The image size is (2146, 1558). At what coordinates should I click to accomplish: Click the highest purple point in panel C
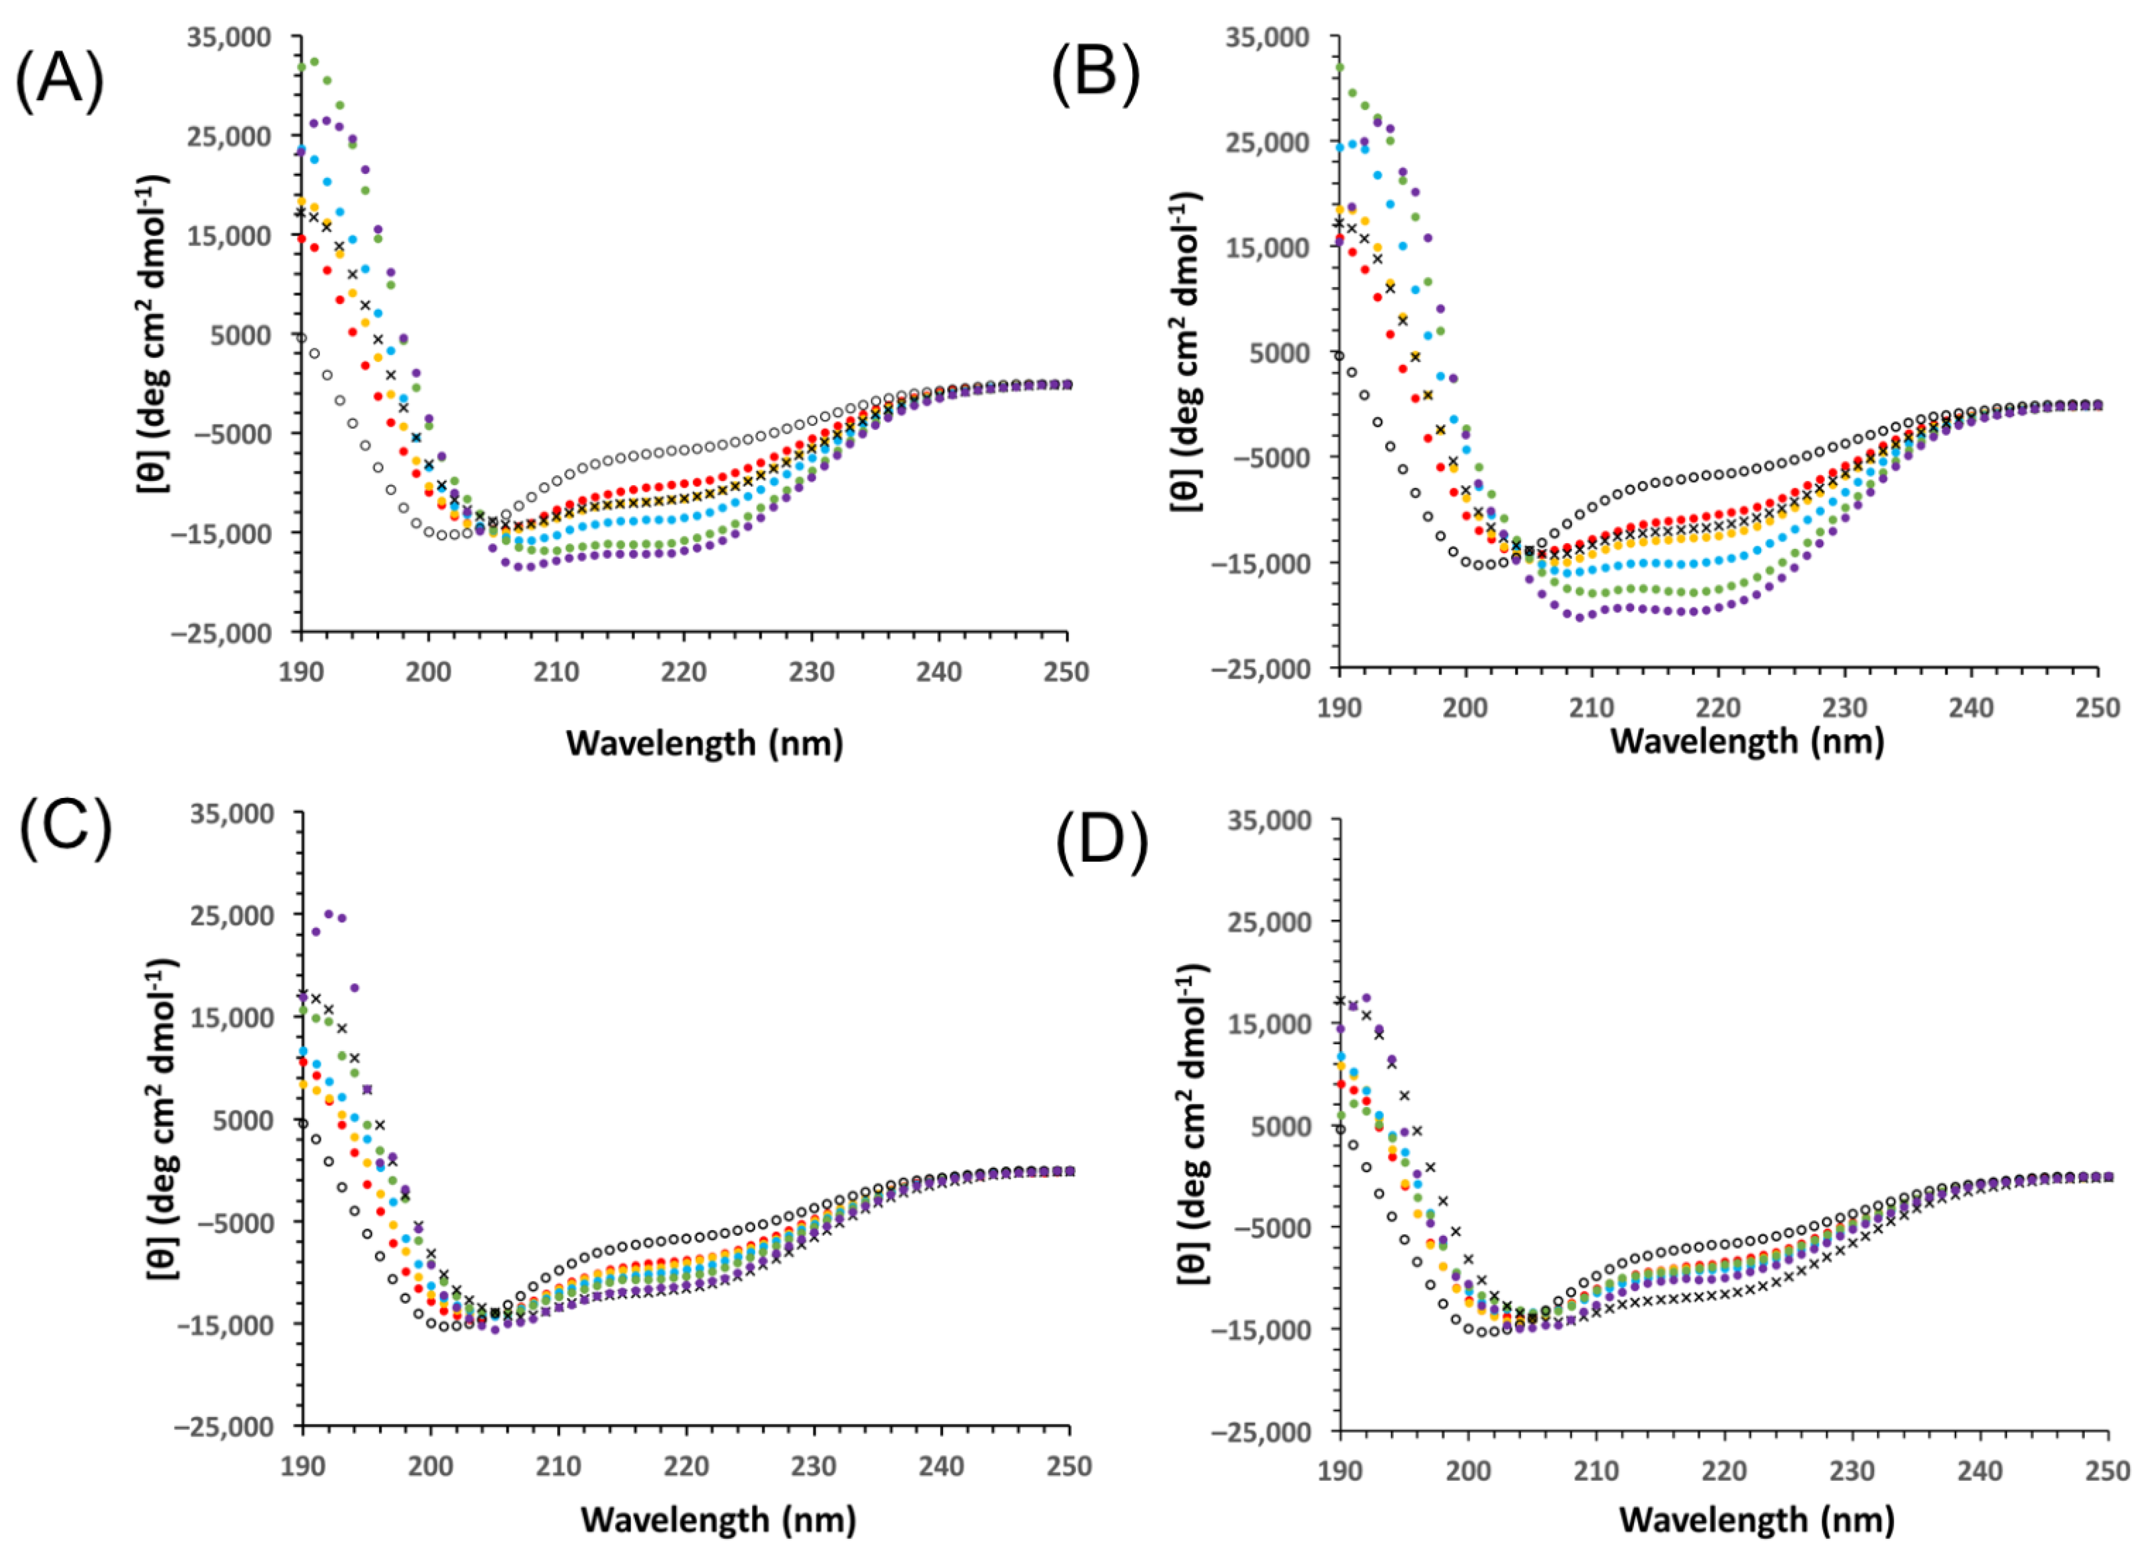pos(328,914)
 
